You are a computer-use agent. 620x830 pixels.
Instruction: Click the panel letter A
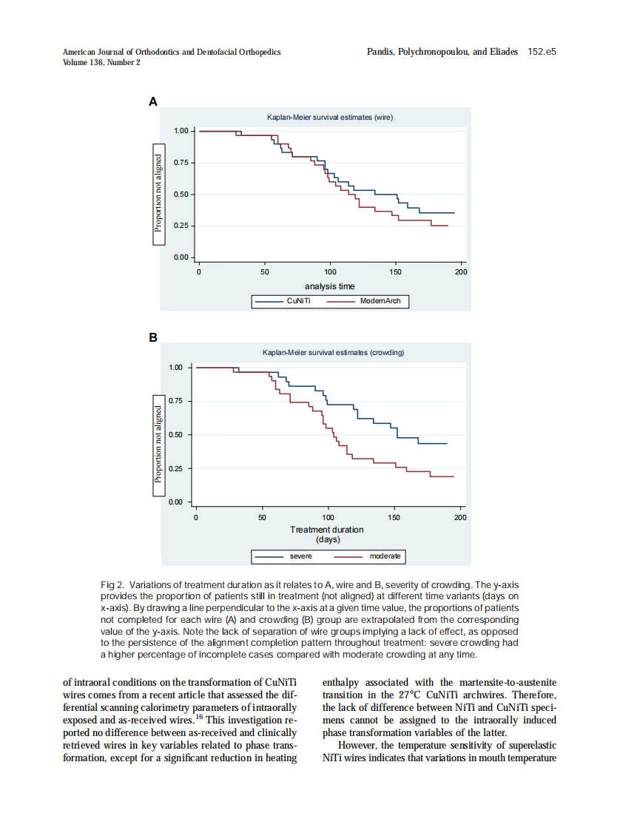(153, 101)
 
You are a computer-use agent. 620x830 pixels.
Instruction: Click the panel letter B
(153, 337)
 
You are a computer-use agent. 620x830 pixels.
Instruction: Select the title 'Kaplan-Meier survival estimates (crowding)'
(333, 353)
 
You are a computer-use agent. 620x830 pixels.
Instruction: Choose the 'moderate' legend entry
(385, 556)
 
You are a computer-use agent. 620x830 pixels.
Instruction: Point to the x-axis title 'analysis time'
(329, 286)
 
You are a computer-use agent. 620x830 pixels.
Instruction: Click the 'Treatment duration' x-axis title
(327, 530)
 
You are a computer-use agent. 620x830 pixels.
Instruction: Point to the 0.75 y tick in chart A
(181, 163)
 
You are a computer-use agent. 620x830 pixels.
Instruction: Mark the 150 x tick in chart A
(396, 272)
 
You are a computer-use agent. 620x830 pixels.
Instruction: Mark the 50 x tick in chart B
(262, 517)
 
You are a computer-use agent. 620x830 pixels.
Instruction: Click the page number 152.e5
(542, 52)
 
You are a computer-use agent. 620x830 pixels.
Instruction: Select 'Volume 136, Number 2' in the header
(102, 62)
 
